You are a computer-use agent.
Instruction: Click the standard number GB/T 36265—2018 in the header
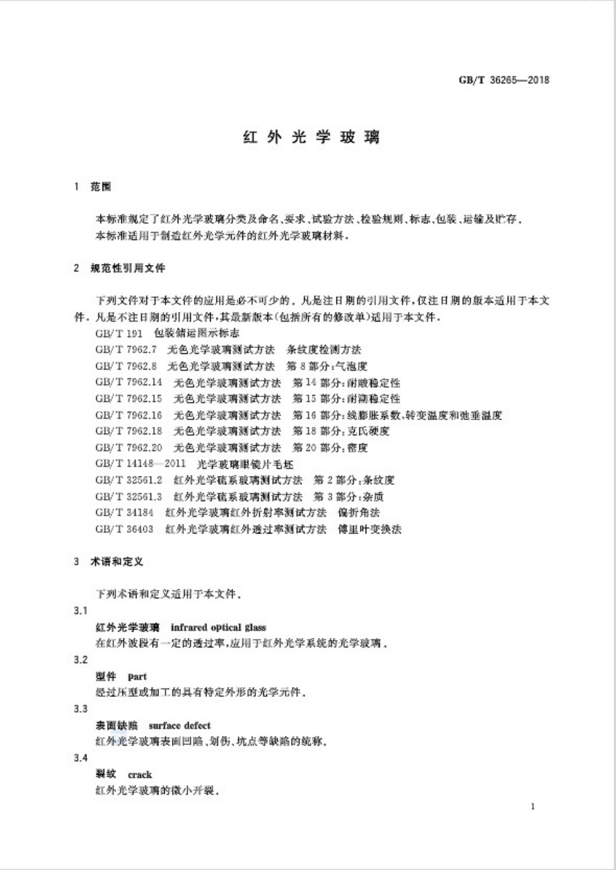504,80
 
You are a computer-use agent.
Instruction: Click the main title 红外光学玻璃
311,137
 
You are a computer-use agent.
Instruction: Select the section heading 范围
101,187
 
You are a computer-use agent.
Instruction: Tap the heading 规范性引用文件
128,268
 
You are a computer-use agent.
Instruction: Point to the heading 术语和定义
117,561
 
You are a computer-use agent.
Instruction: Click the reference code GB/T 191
118,333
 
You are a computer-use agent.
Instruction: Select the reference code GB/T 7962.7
126,349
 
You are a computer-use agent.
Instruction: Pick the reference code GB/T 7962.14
128,382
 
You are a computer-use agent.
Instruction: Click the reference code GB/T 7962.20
128,447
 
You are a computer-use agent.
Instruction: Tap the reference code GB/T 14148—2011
140,464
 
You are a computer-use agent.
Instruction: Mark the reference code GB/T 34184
124,513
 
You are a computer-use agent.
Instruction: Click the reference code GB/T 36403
124,529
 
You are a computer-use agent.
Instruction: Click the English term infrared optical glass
218,628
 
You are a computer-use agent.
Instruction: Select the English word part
137,677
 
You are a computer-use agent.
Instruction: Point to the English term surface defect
180,725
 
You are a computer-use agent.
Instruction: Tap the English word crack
140,775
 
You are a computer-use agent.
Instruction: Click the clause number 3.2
80,660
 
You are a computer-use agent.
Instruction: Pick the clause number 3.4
80,758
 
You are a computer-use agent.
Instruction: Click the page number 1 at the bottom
533,806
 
